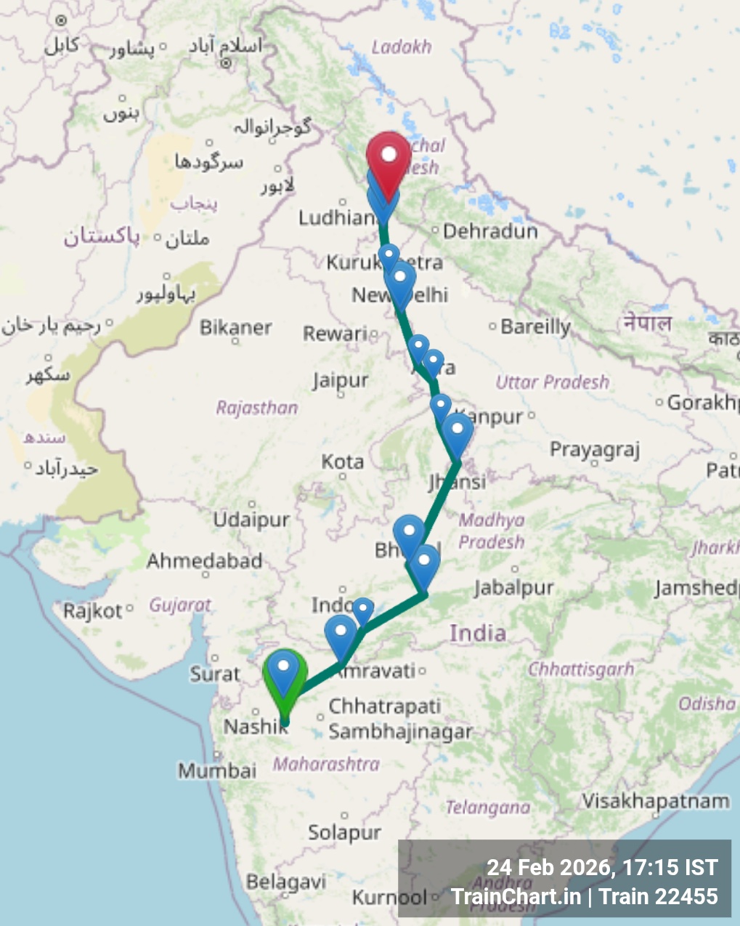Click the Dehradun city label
(490, 231)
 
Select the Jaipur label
(341, 380)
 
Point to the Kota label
(343, 462)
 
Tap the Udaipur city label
(251, 519)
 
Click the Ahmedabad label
(204, 560)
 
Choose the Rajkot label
(92, 611)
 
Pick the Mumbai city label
(217, 770)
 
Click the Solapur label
(344, 832)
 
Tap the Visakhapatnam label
(655, 801)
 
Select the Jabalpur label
(514, 587)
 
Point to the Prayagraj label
(595, 450)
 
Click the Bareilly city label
(535, 326)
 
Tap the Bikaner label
(236, 327)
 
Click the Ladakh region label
(402, 47)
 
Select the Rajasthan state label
(257, 408)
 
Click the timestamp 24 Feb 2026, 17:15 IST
(602, 867)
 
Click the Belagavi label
(285, 882)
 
